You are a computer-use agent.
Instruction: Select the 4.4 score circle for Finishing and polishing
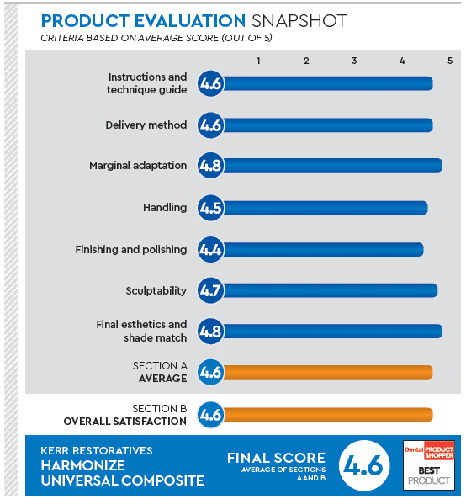(210, 249)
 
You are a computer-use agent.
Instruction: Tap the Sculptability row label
(156, 291)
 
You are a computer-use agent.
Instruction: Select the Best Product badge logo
(429, 464)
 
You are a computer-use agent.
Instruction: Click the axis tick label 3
(354, 61)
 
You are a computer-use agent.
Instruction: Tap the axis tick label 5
(450, 61)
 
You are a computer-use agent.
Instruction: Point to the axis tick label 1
(258, 61)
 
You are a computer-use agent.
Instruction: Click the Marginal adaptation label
(138, 166)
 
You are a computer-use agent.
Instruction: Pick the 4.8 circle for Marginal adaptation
(210, 166)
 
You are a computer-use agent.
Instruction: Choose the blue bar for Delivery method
(326, 125)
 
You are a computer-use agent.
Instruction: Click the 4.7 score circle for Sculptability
(210, 291)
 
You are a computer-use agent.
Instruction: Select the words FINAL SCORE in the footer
(276, 458)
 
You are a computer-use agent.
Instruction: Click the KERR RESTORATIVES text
(97, 450)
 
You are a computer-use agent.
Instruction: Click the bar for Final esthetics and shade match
(331, 331)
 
